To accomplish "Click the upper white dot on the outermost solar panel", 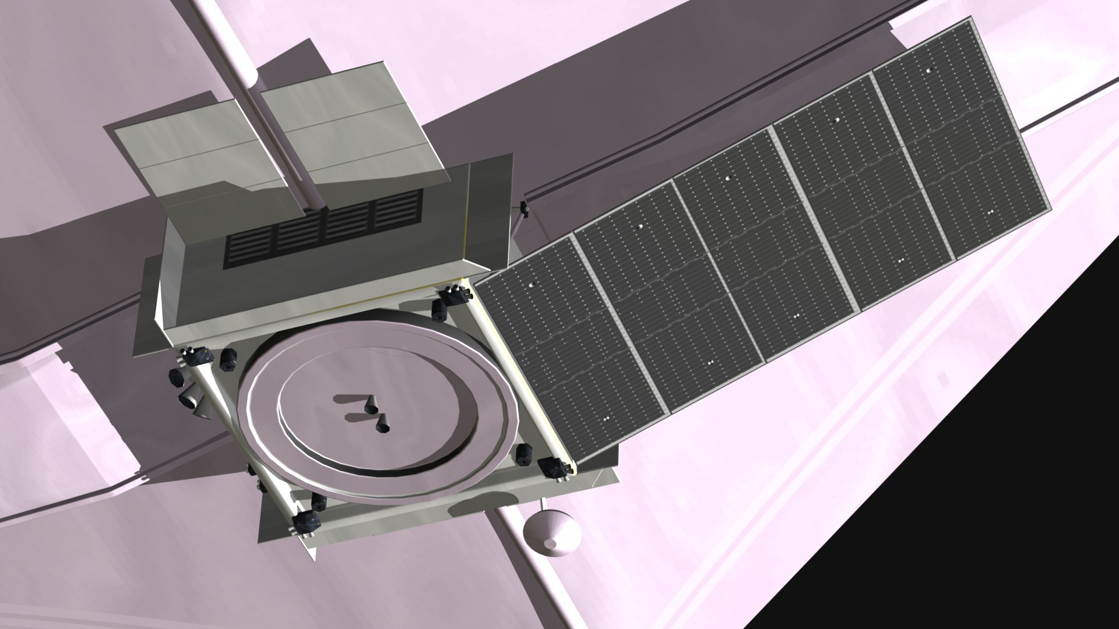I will pos(929,70).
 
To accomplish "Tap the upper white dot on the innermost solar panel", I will pos(532,285).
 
